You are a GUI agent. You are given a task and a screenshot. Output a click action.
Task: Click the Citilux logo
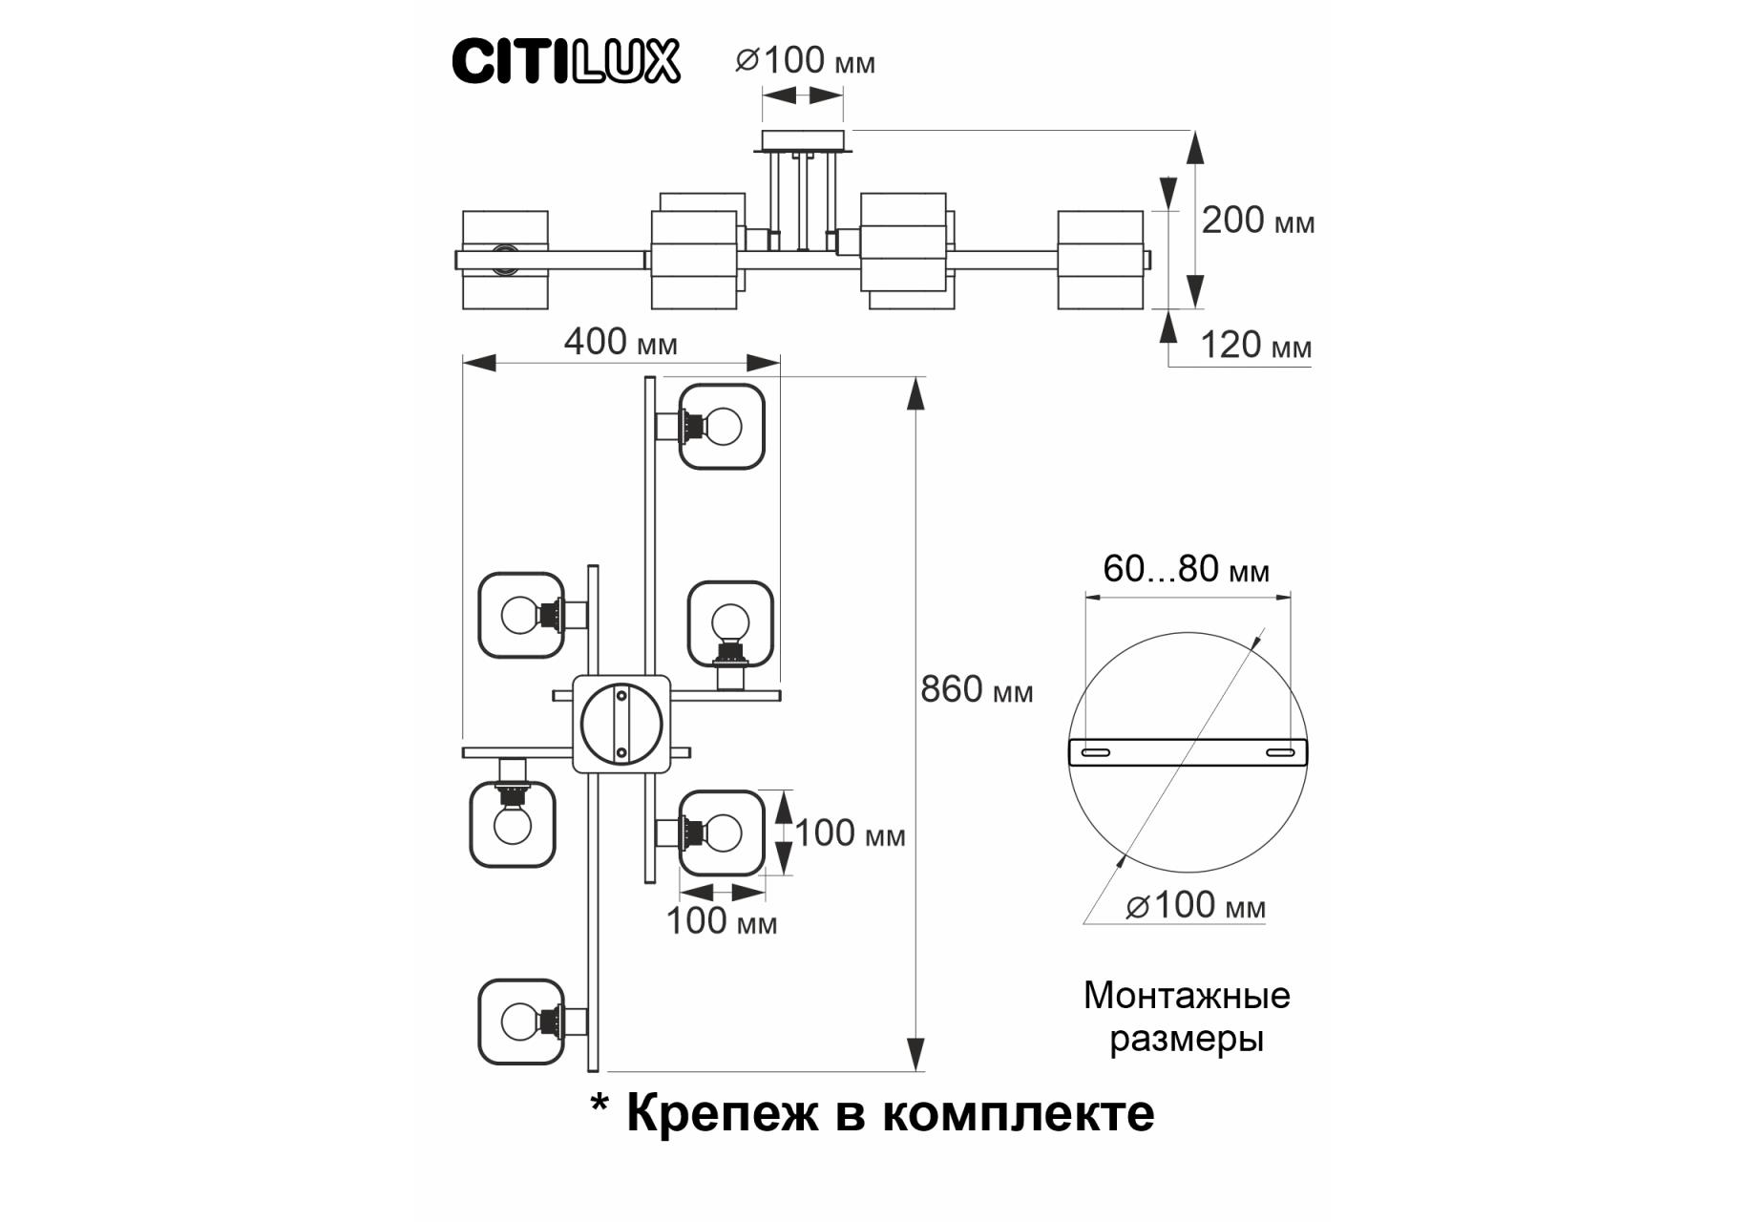click(565, 62)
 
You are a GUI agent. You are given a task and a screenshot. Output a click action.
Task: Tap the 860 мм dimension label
click(976, 689)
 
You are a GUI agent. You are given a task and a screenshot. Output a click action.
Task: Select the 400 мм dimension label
click(621, 342)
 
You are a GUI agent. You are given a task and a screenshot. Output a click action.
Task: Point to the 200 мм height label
click(1257, 221)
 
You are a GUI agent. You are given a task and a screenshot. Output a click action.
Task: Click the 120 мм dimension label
click(1254, 346)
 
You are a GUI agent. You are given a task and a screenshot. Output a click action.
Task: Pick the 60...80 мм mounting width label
click(1186, 570)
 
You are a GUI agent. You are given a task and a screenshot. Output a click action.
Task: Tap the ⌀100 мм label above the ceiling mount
click(805, 61)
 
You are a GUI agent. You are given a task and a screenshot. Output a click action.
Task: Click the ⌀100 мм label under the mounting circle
click(1195, 905)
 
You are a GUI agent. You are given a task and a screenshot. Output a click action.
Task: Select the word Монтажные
click(1187, 996)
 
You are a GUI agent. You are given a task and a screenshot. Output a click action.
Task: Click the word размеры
click(1187, 1039)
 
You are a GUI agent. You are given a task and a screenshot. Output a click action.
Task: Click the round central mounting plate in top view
click(621, 724)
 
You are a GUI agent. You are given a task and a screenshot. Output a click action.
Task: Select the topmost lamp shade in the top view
click(722, 427)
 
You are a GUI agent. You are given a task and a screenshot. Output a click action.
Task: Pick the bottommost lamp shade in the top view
click(521, 1022)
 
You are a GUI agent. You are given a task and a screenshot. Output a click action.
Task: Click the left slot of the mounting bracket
click(1095, 753)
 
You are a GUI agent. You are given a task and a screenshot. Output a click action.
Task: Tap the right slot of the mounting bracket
click(1279, 753)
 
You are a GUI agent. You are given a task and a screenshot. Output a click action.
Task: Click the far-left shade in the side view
click(505, 260)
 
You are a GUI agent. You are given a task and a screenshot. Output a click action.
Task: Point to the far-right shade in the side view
click(1100, 260)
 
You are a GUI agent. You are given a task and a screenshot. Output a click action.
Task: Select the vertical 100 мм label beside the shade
click(850, 834)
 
